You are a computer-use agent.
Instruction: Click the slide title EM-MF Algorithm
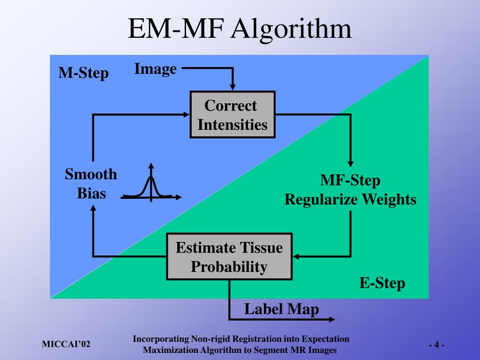point(240,29)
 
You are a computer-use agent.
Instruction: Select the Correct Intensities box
point(232,115)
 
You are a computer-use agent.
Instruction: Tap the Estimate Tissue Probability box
point(229,256)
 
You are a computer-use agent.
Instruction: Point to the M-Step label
point(83,73)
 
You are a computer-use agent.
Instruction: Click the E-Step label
point(382,283)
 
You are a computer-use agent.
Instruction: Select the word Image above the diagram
point(155,69)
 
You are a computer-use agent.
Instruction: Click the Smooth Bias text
point(91,183)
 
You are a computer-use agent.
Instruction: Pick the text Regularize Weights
point(351,200)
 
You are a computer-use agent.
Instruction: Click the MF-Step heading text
point(351,180)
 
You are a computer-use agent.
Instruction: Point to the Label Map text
point(281,309)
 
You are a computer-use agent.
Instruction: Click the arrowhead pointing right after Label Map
point(332,320)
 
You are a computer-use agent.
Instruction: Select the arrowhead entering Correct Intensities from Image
point(232,87)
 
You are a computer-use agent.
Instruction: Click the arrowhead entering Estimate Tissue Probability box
point(297,256)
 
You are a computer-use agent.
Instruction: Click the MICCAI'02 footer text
point(66,345)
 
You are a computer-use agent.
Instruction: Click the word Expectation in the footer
point(326,339)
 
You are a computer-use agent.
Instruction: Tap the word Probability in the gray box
point(229,267)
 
